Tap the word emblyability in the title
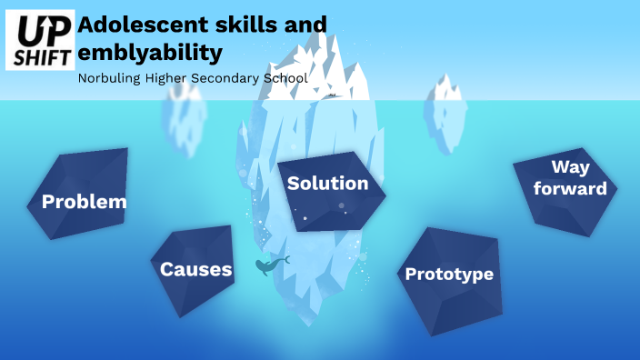[150, 52]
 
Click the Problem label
[84, 202]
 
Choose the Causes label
[195, 269]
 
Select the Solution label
[327, 183]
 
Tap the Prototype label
[449, 274]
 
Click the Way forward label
[570, 177]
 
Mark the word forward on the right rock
[570, 189]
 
